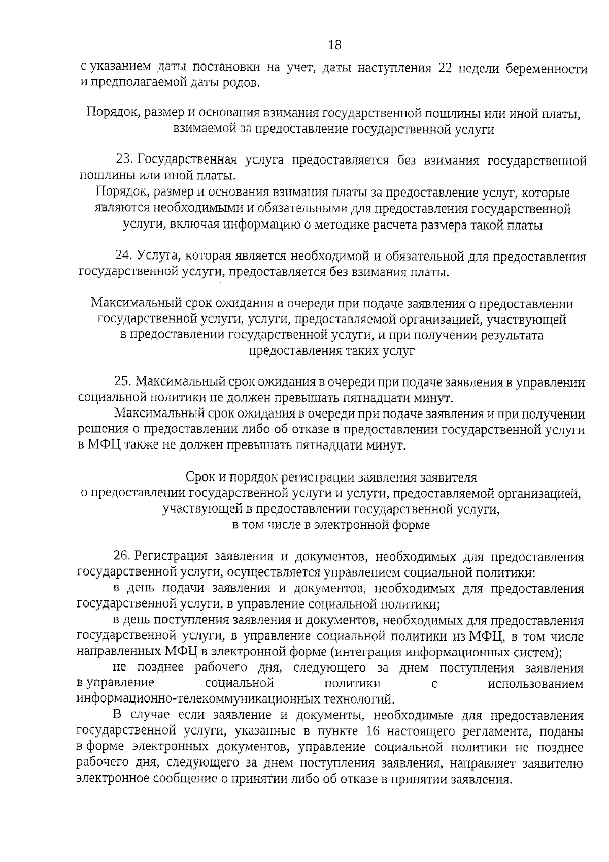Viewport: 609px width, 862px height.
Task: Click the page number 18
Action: (334, 45)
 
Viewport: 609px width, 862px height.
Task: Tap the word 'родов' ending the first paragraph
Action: (243, 83)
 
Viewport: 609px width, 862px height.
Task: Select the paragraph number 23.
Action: (124, 161)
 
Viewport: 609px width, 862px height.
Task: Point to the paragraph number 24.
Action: (123, 257)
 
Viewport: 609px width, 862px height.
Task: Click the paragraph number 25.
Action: (123, 382)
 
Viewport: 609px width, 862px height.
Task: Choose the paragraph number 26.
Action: (123, 557)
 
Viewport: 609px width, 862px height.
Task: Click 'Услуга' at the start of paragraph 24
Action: (154, 257)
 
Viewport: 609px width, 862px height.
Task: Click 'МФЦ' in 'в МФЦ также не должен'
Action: (104, 445)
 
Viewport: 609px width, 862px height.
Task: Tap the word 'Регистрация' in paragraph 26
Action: (173, 557)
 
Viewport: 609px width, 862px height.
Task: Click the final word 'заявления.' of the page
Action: (480, 779)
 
